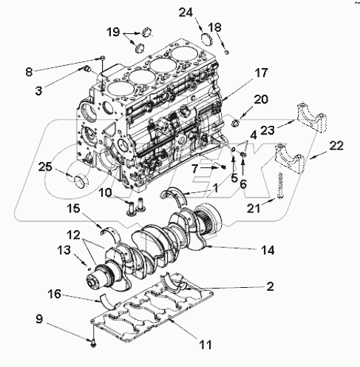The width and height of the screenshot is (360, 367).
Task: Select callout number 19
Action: pos(112,33)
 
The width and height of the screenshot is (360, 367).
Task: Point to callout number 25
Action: pos(46,167)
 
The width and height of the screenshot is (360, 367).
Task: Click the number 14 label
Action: pos(268,251)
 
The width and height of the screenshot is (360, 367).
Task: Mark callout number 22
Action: pos(336,147)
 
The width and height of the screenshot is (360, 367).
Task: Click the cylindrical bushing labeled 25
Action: pos(78,180)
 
